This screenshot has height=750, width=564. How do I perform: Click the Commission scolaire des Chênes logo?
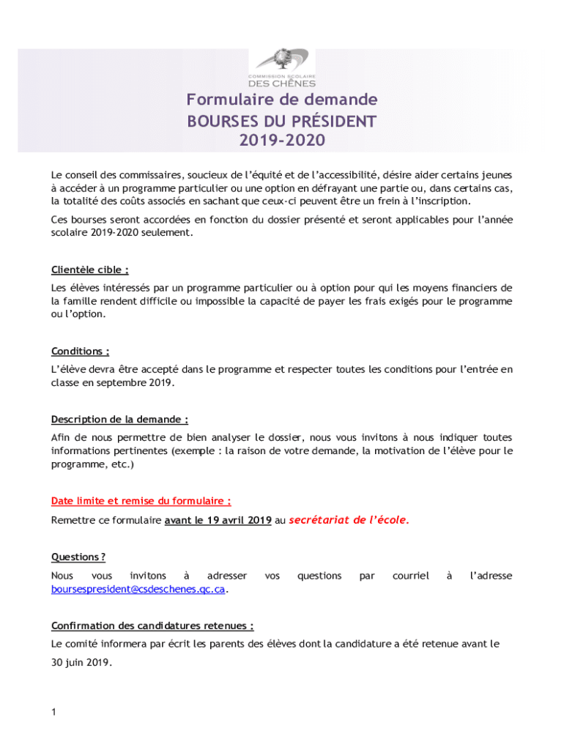point(281,67)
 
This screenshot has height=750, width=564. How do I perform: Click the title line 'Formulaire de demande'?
point(281,100)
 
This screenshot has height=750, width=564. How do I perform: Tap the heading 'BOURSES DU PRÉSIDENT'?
point(281,120)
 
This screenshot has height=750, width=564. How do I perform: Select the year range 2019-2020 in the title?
point(281,140)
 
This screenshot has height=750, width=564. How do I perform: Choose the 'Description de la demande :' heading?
point(119,420)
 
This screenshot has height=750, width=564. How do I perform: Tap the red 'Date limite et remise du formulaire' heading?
point(141,502)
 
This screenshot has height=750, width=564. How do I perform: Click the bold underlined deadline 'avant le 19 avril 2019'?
point(218,521)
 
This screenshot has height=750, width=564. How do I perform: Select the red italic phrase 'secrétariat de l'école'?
point(349,520)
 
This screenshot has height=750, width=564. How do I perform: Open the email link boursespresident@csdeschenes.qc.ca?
point(138,589)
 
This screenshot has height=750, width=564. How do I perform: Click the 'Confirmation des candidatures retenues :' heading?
point(152,626)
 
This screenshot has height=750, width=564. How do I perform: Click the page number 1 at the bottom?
point(54,712)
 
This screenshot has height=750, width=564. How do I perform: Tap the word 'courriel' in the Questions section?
point(410,576)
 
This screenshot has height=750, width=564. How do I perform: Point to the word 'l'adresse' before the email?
point(490,576)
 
